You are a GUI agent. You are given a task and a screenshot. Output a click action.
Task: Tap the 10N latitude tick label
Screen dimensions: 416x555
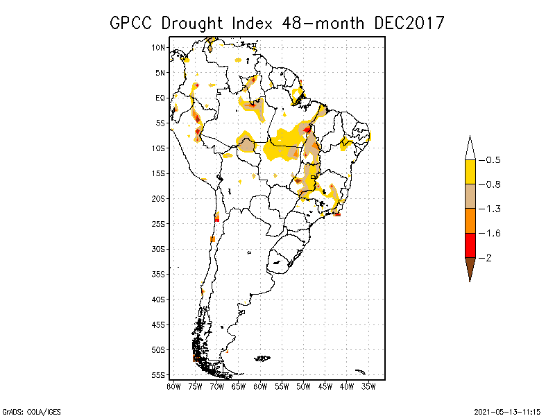[158, 47]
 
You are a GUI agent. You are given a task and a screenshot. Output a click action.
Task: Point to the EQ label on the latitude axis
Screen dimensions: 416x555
[160, 98]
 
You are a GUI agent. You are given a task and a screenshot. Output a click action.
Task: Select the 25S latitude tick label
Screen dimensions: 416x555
[158, 223]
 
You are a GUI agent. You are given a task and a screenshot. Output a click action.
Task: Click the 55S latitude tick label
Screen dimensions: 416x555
[158, 374]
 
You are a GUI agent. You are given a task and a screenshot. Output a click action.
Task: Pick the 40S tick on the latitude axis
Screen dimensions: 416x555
[158, 299]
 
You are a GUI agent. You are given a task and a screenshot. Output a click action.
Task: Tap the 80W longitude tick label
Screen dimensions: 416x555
[173, 385]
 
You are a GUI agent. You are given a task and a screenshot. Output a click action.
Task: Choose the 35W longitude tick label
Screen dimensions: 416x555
[368, 385]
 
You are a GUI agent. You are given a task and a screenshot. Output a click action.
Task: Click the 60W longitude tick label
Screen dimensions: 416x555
[260, 385]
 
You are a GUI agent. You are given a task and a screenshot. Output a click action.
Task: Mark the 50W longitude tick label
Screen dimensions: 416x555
[303, 385]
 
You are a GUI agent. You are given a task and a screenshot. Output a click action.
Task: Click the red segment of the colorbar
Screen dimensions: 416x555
[470, 245]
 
